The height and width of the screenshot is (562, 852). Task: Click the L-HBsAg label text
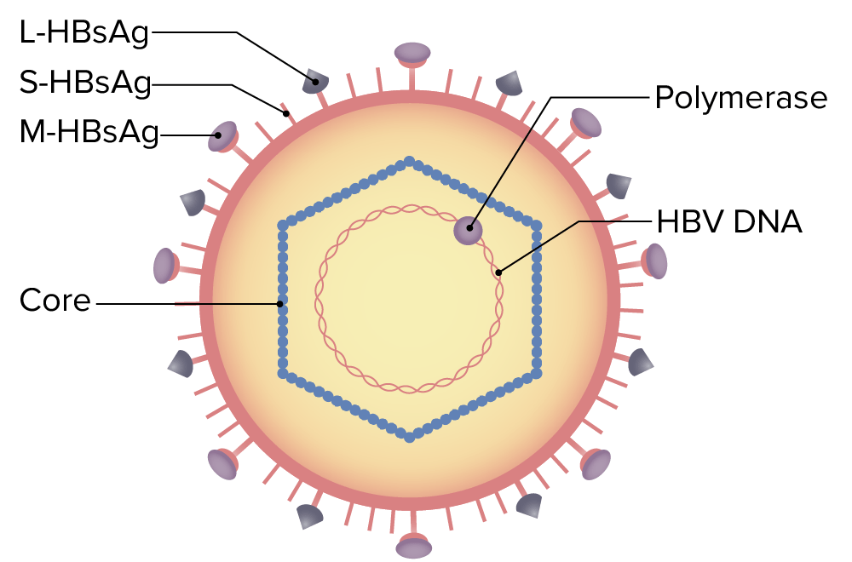(x=84, y=34)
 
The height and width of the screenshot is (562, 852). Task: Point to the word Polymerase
(x=740, y=98)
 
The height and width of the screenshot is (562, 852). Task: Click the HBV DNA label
(x=729, y=222)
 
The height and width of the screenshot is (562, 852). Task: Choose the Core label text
(x=55, y=301)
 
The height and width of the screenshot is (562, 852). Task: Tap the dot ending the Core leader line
(x=279, y=302)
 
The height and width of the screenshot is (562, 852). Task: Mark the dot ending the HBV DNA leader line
(x=499, y=272)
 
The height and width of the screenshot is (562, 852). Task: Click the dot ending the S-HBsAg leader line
(x=286, y=112)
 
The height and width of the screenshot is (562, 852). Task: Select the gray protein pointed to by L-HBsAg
(x=315, y=82)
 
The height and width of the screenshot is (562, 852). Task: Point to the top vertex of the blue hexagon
(x=410, y=161)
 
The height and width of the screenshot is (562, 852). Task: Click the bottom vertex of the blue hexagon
(x=410, y=437)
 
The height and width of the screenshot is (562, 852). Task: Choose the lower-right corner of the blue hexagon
(x=537, y=373)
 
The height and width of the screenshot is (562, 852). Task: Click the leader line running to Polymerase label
(x=596, y=98)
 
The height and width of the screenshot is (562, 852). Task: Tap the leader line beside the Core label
(x=187, y=302)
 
